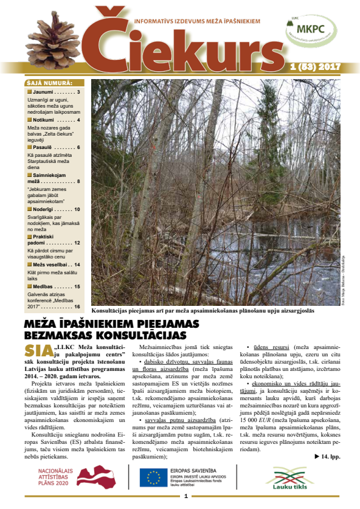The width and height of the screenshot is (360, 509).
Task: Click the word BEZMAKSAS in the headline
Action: (x=61, y=335)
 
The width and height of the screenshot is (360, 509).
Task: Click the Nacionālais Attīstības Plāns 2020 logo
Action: (x=70, y=477)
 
